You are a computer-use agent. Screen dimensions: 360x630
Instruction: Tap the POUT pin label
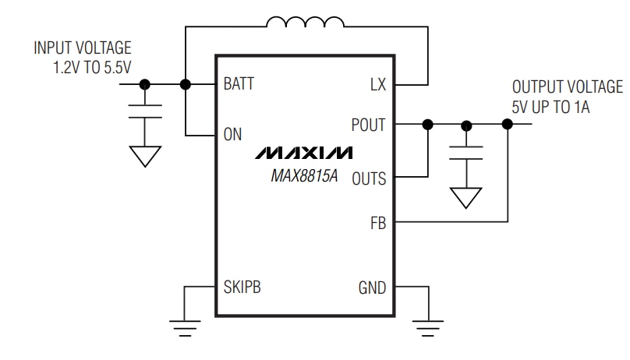[369, 125]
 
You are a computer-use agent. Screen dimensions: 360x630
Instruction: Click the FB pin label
[377, 223]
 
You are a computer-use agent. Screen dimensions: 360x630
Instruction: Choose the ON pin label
[232, 134]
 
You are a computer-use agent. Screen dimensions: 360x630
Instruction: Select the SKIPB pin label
[242, 287]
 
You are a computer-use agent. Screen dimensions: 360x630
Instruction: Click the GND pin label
[371, 287]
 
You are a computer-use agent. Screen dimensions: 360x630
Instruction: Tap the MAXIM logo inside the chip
[303, 152]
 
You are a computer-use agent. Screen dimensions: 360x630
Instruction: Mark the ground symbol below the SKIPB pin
[185, 326]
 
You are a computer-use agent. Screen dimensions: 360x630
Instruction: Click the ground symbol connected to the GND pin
[426, 326]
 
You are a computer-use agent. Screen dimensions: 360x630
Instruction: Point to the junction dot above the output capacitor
[466, 124]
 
